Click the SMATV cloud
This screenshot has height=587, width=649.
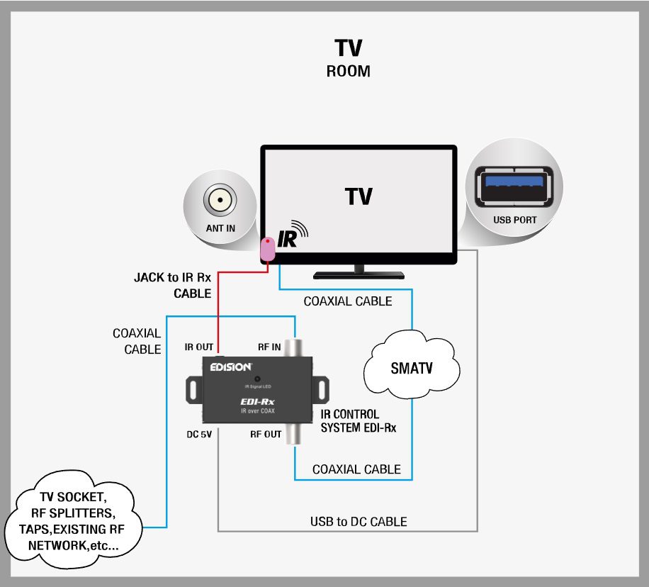[x=412, y=369]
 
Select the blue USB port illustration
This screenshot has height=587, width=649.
[x=514, y=188]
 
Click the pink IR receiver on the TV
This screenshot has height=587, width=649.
[x=269, y=249]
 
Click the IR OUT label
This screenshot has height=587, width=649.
[x=199, y=347]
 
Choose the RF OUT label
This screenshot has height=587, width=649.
[x=266, y=435]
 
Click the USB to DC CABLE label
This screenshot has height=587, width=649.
[x=359, y=522]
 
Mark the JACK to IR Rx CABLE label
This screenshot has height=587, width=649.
[x=173, y=285]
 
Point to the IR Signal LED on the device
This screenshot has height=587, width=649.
[x=258, y=379]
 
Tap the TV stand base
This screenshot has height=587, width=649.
[x=359, y=274]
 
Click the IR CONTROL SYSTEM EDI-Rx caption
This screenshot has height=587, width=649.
[x=350, y=420]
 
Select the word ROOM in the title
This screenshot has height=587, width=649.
[x=348, y=72]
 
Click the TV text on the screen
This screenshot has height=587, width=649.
[x=359, y=196]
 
